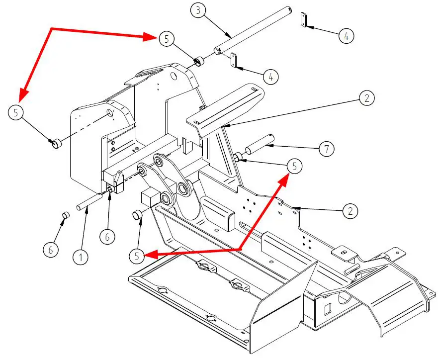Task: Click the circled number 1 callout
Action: point(81,257)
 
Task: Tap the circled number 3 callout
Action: point(198,10)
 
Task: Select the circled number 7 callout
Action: point(327,149)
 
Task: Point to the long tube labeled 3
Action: point(254,30)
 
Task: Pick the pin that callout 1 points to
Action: point(89,201)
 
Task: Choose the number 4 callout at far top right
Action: point(347,36)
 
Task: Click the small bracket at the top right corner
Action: point(304,19)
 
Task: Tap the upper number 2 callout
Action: point(366,98)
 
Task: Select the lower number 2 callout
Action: point(350,211)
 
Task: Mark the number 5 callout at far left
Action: point(15,112)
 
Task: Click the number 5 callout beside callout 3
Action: point(167,39)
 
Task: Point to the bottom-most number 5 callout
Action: point(137,256)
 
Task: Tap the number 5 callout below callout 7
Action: point(294,167)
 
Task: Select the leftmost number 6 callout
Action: point(51,250)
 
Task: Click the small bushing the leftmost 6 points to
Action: point(66,215)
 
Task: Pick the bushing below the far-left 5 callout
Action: point(56,143)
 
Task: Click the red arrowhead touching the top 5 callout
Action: point(150,37)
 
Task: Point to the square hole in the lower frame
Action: point(328,309)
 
